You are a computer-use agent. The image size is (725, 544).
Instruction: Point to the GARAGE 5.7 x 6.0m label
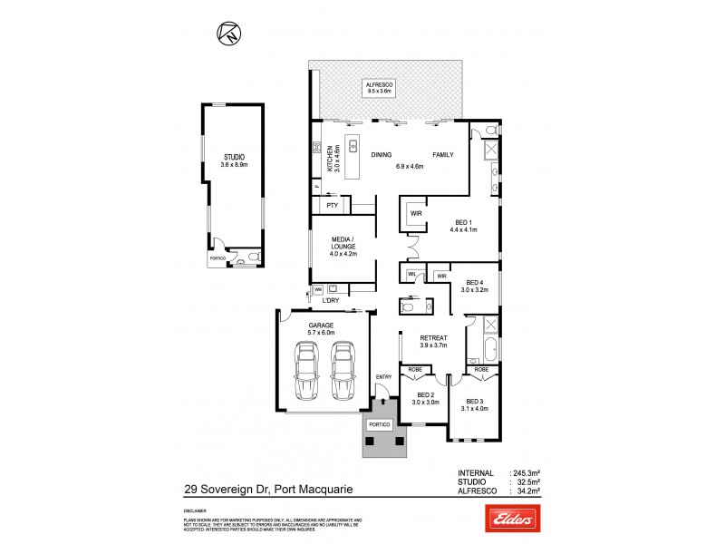click(321, 328)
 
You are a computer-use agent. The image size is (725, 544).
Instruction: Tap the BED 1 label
click(463, 227)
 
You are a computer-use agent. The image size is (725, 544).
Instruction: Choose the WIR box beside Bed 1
click(416, 214)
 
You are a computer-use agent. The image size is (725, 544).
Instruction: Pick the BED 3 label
click(477, 403)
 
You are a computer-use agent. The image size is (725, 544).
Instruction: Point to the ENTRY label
click(383, 377)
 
